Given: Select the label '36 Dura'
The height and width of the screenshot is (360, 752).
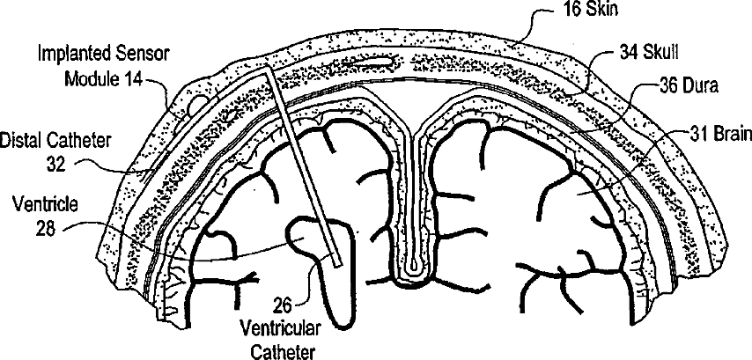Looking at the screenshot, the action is pyautogui.click(x=691, y=87).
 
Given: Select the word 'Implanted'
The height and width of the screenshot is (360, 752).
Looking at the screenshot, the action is pyautogui.click(x=72, y=55).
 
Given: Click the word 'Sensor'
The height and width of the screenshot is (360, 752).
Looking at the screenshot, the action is pyautogui.click(x=143, y=55).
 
